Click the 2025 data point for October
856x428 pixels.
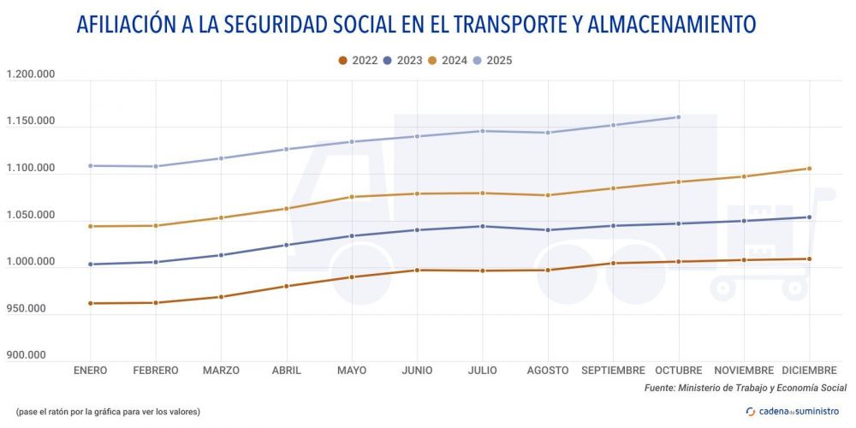(678, 117)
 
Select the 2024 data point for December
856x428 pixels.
(809, 169)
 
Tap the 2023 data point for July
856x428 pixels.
(483, 226)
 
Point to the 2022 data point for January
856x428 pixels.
(90, 303)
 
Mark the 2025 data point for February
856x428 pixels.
(156, 166)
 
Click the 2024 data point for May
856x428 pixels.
(352, 197)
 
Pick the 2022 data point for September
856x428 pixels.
(613, 263)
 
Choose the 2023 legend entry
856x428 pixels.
(403, 61)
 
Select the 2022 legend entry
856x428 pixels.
(360, 61)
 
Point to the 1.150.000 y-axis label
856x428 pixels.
(31, 122)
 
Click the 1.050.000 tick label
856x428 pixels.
(31, 215)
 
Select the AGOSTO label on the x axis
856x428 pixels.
(548, 371)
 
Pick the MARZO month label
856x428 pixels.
(221, 371)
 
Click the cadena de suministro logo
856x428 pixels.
(793, 412)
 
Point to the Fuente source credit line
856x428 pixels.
(745, 389)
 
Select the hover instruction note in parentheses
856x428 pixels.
(108, 412)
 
